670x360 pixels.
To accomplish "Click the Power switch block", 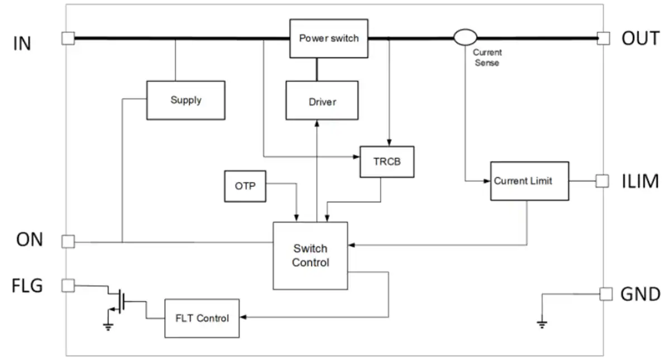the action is pos(329,39).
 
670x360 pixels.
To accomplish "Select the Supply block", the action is pos(186,100).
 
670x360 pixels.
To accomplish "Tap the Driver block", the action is pos(322,100).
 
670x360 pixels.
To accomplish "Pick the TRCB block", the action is pos(387,162).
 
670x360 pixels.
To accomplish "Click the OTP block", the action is pos(245,186).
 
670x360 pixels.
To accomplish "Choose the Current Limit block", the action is pos(530,181).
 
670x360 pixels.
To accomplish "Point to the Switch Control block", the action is pos(310,256).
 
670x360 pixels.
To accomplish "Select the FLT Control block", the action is pos(202,318).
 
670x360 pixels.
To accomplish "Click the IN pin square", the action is pos(68,39).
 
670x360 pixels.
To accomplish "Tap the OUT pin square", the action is pos(604,39).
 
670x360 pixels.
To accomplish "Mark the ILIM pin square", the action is pos(602,181).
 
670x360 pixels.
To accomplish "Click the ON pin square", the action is pos(68,242).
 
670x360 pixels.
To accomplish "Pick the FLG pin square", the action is pos(68,286).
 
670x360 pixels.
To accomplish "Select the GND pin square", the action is pos(606,294).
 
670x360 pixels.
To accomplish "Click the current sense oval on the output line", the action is pos(465,37).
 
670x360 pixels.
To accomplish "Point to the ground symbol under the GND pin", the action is pos(542,324).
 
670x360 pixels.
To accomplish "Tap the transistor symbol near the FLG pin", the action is pos(119,301).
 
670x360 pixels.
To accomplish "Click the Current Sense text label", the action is pos(487,57).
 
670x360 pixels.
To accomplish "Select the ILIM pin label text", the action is pos(640,181).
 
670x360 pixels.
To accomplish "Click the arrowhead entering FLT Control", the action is pos(243,317).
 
